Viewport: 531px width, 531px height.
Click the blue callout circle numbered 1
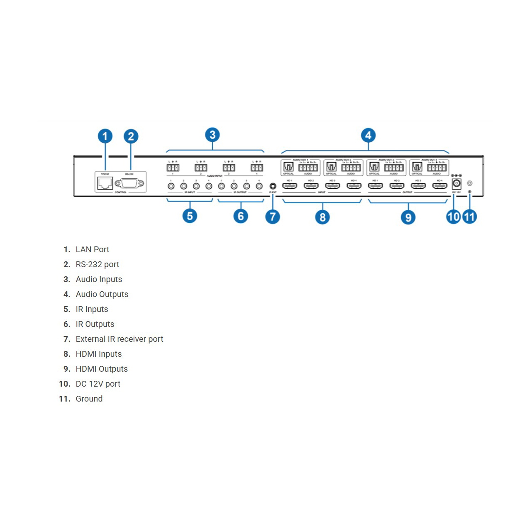point(105,136)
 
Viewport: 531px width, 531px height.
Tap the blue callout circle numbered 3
point(212,135)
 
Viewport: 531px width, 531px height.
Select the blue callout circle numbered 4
point(368,135)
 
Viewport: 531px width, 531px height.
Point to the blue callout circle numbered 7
point(273,217)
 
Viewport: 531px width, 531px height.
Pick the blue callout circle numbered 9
point(408,217)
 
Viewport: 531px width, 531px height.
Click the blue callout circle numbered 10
point(453,217)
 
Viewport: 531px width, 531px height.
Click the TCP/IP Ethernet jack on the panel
point(105,183)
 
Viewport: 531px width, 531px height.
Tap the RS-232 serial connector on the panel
point(129,183)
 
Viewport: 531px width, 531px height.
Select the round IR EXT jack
point(273,186)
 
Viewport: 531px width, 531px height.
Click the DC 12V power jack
point(456,183)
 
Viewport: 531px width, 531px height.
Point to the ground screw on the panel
point(470,183)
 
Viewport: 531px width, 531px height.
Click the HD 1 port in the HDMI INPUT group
point(290,186)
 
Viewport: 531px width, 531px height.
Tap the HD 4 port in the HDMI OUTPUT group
point(440,186)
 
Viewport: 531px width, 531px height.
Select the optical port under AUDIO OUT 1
point(288,167)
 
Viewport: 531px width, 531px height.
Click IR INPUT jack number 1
point(171,186)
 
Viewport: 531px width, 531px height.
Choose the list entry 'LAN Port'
point(93,249)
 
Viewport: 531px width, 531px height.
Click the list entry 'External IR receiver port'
point(119,339)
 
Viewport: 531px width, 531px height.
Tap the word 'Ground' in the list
point(89,399)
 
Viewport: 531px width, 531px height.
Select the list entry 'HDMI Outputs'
point(102,369)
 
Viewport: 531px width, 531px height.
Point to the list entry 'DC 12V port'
point(98,384)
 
